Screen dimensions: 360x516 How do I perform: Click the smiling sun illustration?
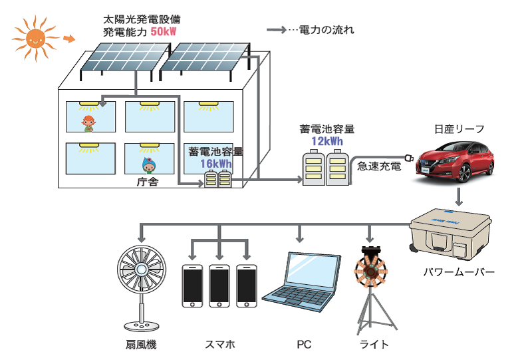34,39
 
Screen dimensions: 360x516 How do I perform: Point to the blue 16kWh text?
216,164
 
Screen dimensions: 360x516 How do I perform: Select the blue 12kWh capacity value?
326,141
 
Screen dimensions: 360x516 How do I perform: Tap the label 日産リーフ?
459,128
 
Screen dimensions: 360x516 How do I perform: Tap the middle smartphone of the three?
219,285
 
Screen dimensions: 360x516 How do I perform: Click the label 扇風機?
140,345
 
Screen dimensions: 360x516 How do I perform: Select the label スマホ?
219,345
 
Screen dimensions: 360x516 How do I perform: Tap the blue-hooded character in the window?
148,162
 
